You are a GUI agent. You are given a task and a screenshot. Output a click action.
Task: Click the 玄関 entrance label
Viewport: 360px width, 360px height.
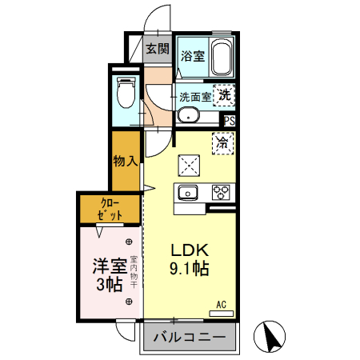(158, 49)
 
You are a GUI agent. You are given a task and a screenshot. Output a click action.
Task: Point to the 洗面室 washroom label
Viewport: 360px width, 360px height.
(194, 96)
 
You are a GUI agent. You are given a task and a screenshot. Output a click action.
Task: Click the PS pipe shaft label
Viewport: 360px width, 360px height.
(230, 122)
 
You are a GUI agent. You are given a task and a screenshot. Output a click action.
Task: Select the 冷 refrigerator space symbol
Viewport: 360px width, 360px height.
(222, 144)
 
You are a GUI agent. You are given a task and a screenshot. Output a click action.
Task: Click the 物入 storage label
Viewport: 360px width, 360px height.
(126, 161)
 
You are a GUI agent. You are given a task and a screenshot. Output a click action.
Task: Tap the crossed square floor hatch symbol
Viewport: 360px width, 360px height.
(189, 166)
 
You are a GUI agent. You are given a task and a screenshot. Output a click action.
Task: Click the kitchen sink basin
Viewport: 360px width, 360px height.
(189, 193)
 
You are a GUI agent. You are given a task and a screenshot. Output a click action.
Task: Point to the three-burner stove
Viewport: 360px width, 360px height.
(221, 193)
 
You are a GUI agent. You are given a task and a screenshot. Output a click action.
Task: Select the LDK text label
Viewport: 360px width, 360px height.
(189, 250)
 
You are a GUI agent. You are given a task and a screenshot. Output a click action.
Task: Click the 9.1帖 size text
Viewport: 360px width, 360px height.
(189, 269)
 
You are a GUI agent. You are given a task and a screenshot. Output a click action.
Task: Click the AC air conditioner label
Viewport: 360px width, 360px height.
(222, 304)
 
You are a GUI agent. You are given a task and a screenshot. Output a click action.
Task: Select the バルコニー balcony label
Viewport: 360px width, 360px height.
(189, 338)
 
